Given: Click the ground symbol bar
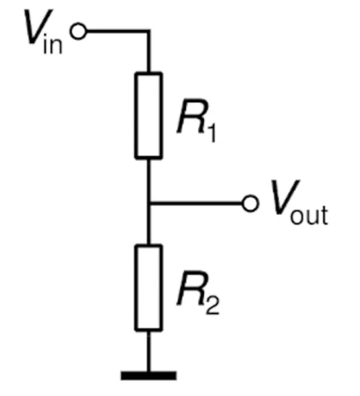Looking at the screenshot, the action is [x=149, y=376].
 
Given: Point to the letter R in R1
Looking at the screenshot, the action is [x=192, y=116].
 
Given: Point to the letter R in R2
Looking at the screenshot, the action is [x=192, y=289].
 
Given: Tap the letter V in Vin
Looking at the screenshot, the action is [x=38, y=27].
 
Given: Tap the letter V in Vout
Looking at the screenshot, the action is [x=285, y=197].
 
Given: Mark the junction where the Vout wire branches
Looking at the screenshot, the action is [x=149, y=203].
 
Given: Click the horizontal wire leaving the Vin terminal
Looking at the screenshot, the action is [x=117, y=31].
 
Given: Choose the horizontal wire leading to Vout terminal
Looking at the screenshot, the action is [x=196, y=203].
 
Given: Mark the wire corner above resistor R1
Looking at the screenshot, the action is [x=149, y=31].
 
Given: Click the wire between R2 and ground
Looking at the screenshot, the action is [x=149, y=351].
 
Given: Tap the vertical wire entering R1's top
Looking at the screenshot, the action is [x=149, y=51].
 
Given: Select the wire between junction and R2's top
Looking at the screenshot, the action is [x=149, y=224].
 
